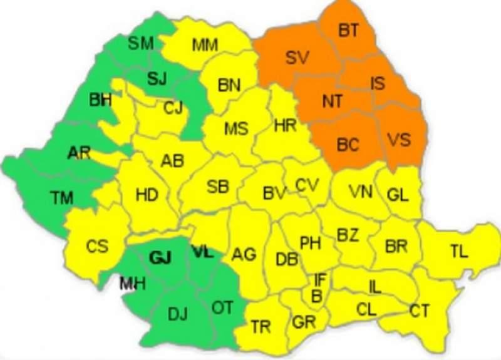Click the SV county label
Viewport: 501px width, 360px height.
coord(297,58)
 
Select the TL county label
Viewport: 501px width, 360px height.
coord(458,252)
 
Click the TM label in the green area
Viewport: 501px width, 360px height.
coord(61,198)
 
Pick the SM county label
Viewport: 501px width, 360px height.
coord(140,43)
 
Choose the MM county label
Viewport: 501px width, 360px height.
coord(205,44)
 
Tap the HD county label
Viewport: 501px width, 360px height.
coord(147,195)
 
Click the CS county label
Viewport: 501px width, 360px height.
coord(97,246)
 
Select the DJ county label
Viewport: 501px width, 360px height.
coord(178,314)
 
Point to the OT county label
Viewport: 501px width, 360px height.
coord(222,307)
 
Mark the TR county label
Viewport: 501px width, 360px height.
coord(261,326)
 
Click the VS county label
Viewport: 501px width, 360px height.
coord(398,138)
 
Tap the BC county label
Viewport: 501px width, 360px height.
coord(348,145)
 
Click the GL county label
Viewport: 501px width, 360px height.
coord(398,194)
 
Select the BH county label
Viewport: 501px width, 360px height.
coord(100,100)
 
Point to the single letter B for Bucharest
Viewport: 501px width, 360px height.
coord(317,296)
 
